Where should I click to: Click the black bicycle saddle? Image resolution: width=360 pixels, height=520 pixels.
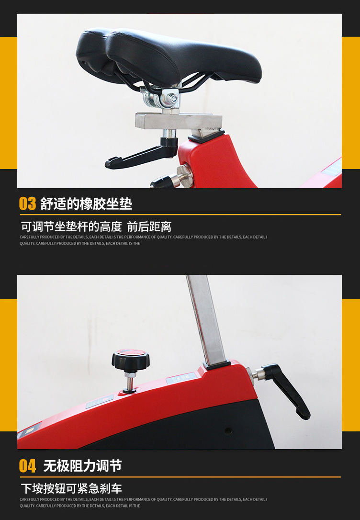pyautogui.click(x=169, y=57)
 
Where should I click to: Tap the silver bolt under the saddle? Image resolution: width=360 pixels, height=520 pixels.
pyautogui.click(x=172, y=98)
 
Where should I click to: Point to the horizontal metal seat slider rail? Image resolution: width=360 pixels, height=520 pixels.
pyautogui.click(x=179, y=121)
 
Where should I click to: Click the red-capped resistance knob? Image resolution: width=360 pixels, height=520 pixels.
pyautogui.click(x=130, y=359)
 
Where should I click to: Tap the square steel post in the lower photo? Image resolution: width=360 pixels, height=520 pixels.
pyautogui.click(x=206, y=319)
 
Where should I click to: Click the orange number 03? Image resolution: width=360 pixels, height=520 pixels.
pyautogui.click(x=27, y=203)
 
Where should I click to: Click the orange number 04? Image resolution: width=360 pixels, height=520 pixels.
pyautogui.click(x=27, y=466)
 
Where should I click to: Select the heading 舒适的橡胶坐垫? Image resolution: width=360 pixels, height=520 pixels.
pyautogui.click(x=86, y=203)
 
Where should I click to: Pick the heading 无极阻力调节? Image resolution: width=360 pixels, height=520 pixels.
pyautogui.click(x=82, y=466)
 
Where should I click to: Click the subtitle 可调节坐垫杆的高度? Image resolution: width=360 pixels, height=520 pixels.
pyautogui.click(x=71, y=227)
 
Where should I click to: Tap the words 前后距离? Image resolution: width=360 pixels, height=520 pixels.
pyautogui.click(x=149, y=227)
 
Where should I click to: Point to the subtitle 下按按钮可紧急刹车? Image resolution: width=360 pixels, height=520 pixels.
pyautogui.click(x=71, y=488)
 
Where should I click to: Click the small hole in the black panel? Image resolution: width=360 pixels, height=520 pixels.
pyautogui.click(x=228, y=431)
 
